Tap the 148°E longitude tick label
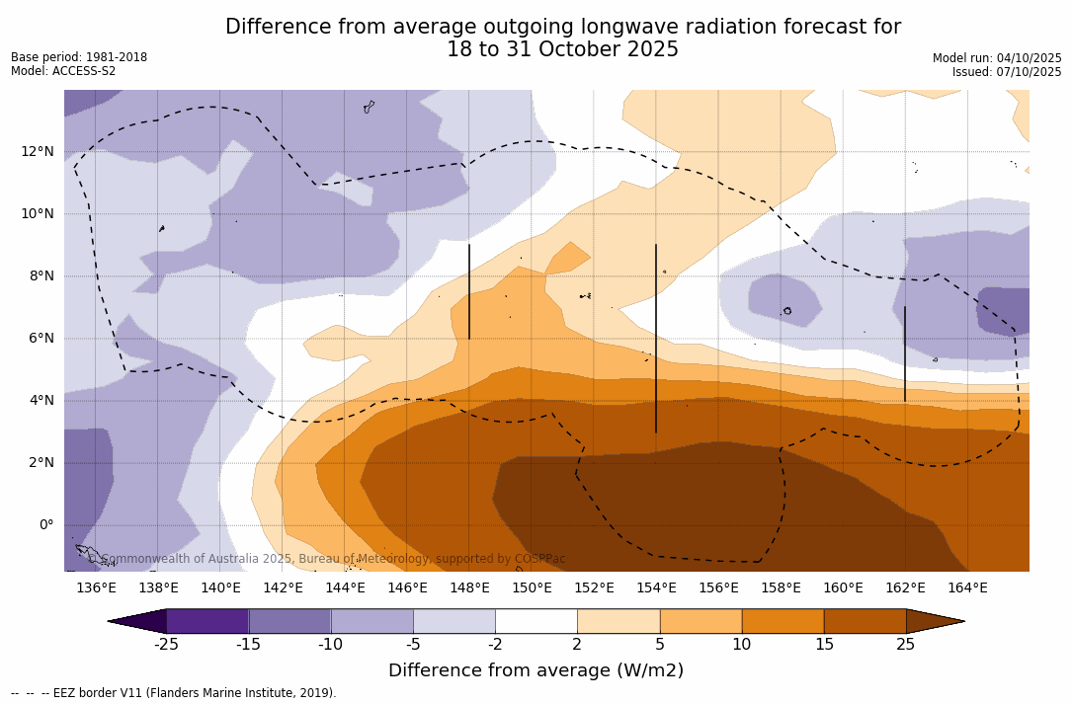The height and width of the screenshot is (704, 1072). point(469,587)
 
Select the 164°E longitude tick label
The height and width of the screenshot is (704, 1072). point(967,587)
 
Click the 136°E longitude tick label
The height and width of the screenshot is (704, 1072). point(96,587)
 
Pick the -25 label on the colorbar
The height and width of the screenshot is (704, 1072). point(166,645)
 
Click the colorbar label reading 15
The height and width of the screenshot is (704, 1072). point(823,645)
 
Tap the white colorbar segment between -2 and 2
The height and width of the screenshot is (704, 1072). point(536,621)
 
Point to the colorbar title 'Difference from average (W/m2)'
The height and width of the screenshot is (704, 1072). point(536,670)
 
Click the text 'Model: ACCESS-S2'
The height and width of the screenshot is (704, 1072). point(63,71)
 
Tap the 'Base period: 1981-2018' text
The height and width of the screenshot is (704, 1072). point(79,57)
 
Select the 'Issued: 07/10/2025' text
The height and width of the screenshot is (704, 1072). point(1007,72)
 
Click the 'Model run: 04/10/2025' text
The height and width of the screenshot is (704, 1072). point(997,58)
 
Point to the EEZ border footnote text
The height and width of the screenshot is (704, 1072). point(174,693)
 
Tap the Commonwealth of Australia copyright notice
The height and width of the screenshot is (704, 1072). point(327,559)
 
